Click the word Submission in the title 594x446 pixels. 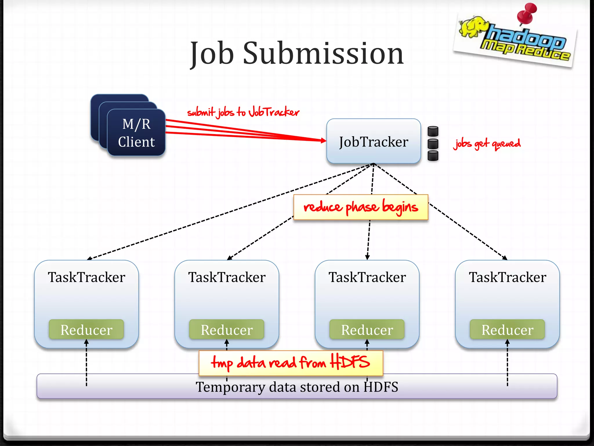coord(323,54)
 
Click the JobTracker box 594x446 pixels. coord(374,142)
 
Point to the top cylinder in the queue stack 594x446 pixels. coord(433,131)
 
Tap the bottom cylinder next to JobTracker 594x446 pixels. coord(433,156)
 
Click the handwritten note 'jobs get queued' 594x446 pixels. coord(487,143)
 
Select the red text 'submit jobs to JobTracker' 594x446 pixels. coord(243,112)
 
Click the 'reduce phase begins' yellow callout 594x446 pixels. coord(361,207)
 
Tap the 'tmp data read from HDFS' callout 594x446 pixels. coord(291,363)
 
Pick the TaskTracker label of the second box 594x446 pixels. coord(227,277)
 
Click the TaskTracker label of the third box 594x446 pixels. coord(367,277)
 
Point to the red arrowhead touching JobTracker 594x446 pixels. coord(323,141)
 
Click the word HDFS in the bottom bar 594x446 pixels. coord(381,387)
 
